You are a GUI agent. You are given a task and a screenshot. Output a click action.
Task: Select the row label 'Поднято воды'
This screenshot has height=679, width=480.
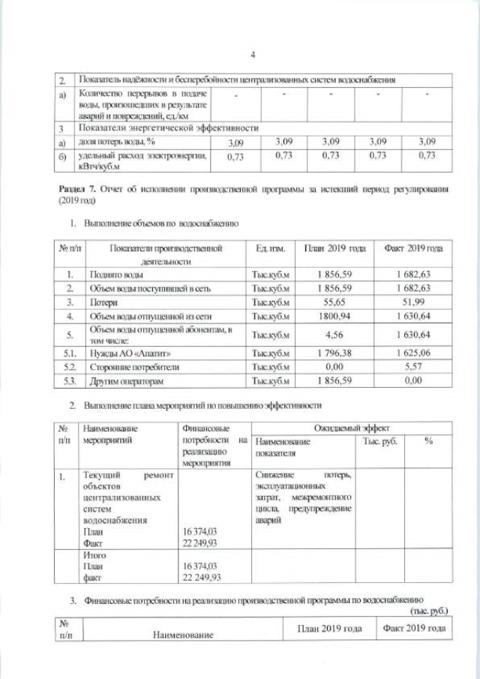point(113,275)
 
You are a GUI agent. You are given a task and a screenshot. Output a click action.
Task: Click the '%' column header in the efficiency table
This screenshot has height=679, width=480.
point(427,441)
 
